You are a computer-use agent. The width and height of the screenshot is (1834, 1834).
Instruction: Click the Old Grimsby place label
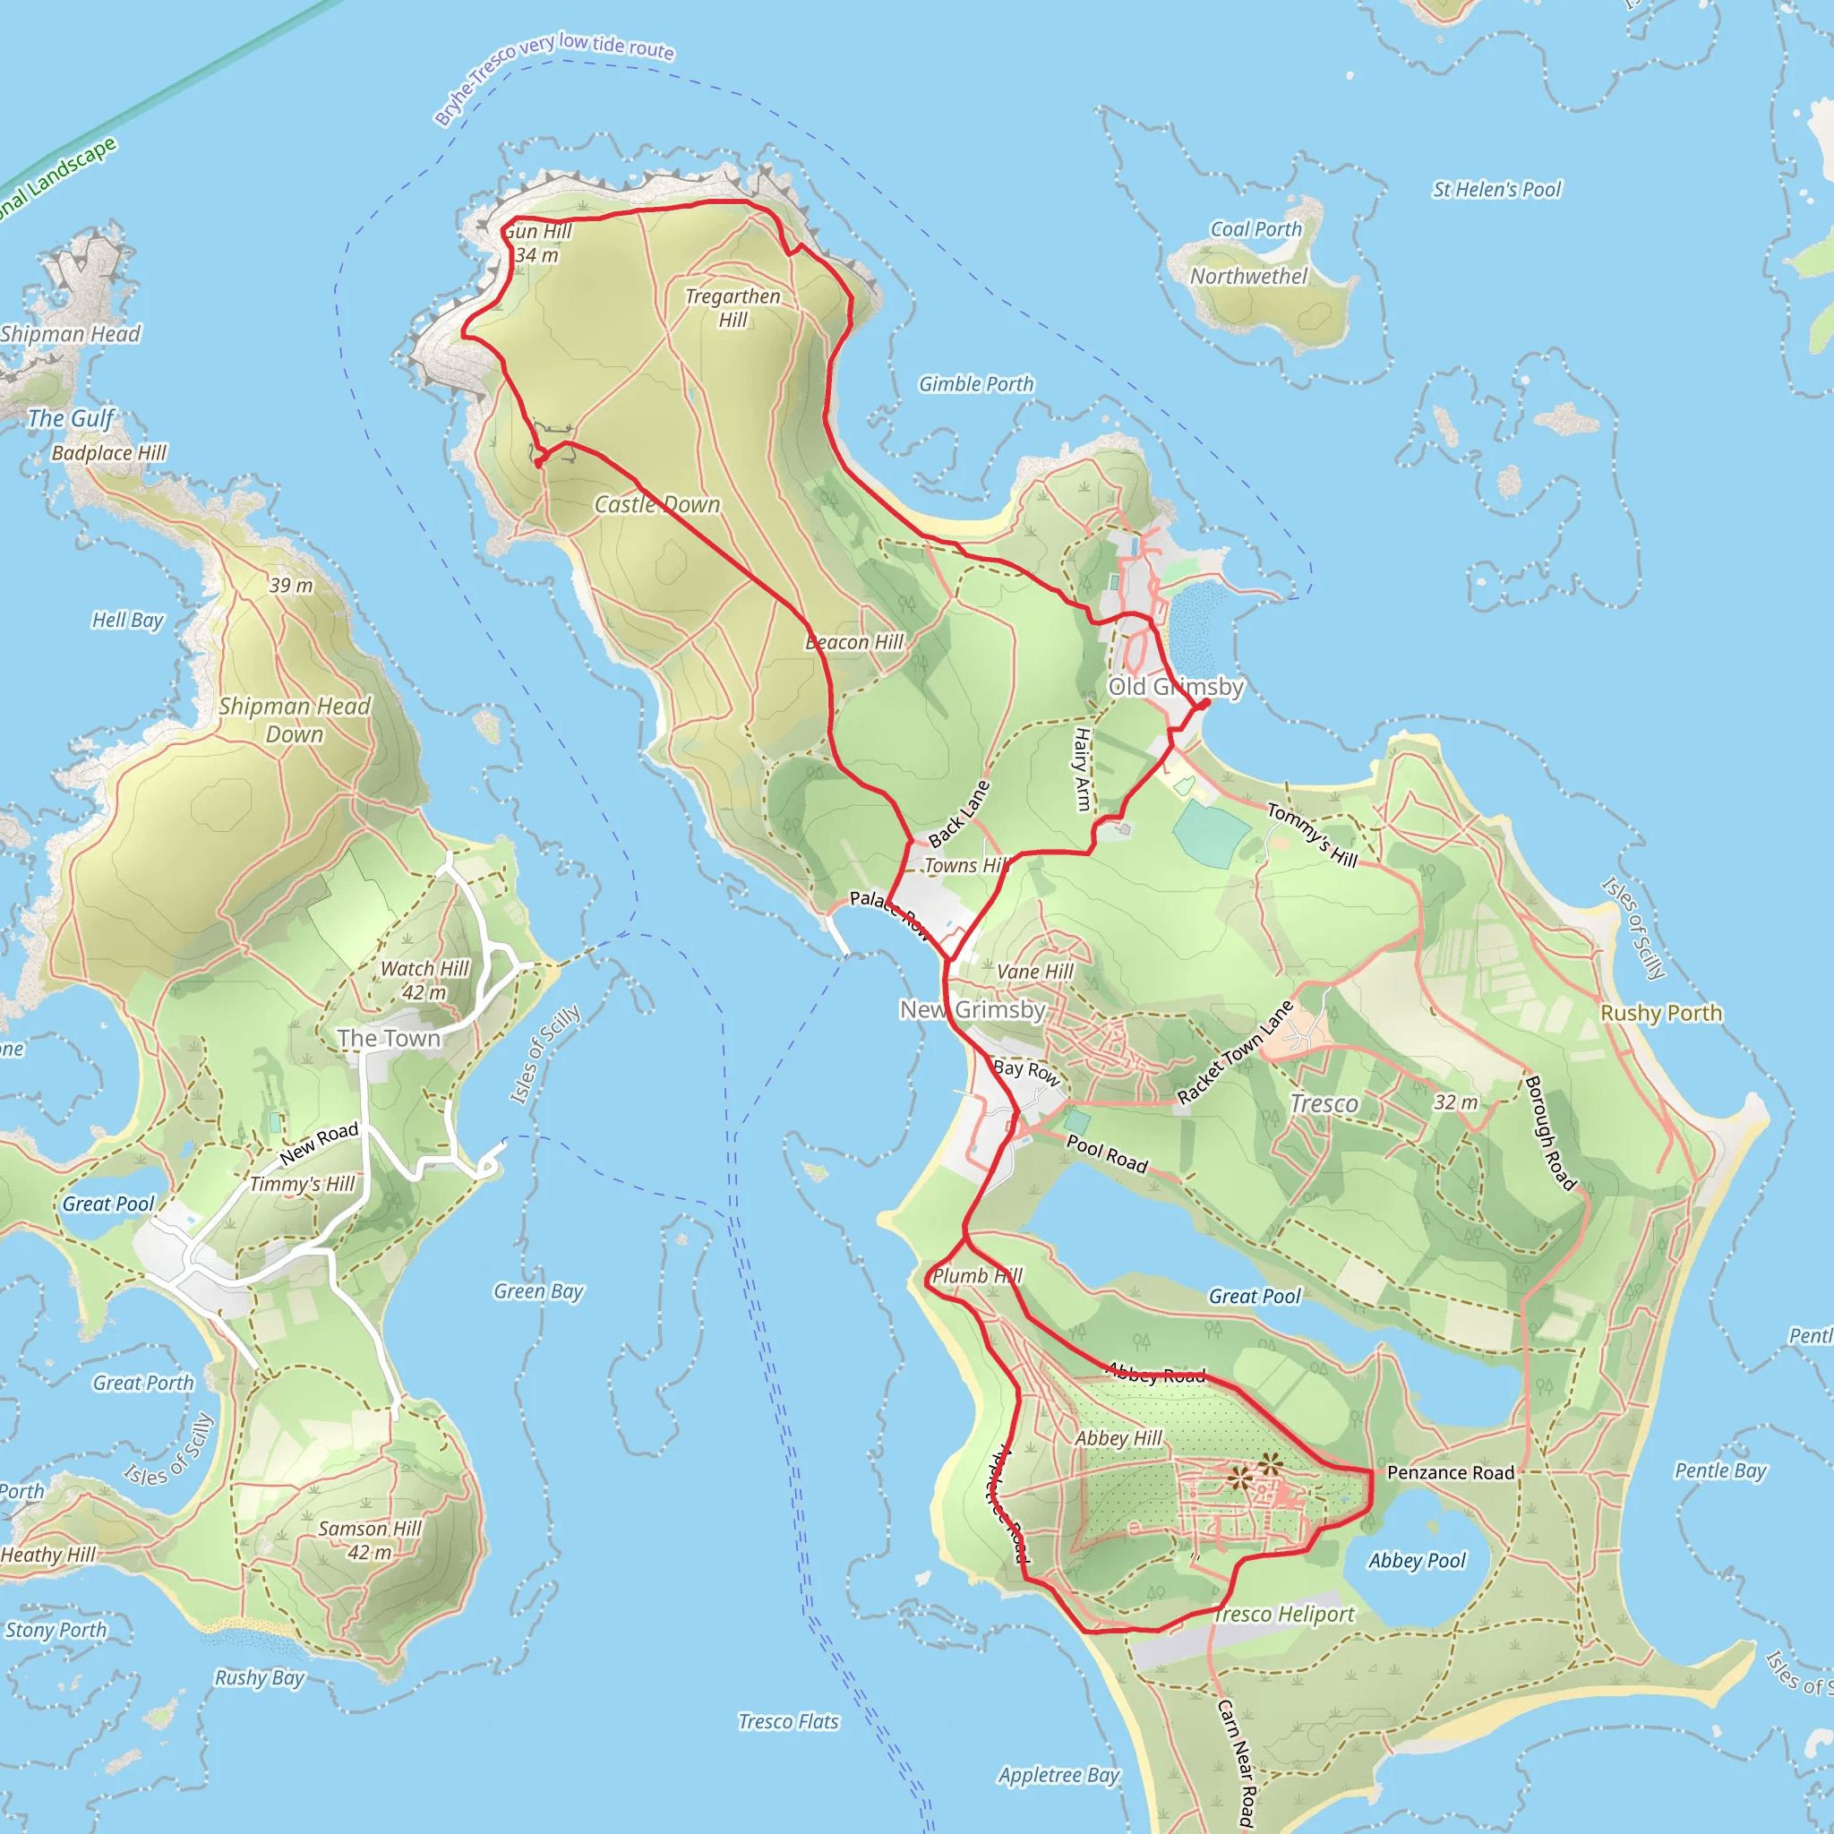(x=1175, y=686)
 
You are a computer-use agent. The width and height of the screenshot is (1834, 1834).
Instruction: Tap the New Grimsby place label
(x=973, y=1009)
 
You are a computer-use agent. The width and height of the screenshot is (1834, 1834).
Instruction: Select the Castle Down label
(x=657, y=504)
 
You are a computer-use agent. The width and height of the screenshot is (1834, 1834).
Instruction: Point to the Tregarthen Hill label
(x=733, y=307)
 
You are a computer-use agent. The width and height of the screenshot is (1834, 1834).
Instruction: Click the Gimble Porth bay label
(x=976, y=383)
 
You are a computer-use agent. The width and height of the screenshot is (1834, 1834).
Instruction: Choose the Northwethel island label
(x=1248, y=276)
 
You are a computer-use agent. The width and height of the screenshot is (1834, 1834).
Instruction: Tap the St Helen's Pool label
(x=1496, y=190)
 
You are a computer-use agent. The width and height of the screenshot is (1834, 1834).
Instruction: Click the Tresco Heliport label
(x=1283, y=1614)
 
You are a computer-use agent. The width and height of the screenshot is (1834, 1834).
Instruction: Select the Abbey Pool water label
(x=1417, y=1561)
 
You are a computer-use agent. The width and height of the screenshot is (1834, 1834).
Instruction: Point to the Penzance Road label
(x=1451, y=1472)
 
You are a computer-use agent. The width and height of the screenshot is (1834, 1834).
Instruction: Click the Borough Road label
(x=1549, y=1133)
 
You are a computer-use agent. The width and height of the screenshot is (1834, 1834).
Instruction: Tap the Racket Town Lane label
(x=1235, y=1052)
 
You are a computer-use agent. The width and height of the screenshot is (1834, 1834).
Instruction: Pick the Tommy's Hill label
(x=1312, y=835)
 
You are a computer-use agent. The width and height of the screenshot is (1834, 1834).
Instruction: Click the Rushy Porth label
(x=1660, y=1013)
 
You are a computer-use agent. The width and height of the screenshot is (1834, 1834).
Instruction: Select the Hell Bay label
(x=127, y=620)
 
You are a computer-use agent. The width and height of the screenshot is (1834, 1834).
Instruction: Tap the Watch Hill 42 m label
(x=424, y=980)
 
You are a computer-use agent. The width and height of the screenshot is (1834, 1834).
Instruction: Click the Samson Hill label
(x=369, y=1529)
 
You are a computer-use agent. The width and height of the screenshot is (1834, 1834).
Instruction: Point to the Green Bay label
(x=538, y=1291)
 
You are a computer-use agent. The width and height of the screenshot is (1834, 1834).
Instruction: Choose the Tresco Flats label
(x=789, y=1721)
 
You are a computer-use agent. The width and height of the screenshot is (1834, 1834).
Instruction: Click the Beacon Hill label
(x=854, y=642)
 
